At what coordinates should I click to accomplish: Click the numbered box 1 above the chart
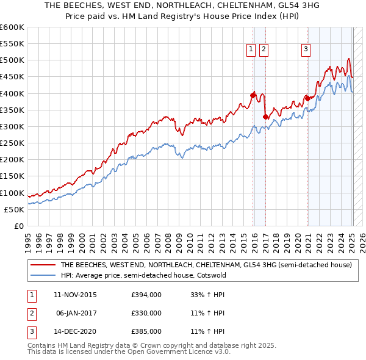251,50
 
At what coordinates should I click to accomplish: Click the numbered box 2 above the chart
264,50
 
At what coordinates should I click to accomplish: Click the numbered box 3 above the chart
306,50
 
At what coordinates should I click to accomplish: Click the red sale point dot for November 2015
253,95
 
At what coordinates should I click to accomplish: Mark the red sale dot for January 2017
265,117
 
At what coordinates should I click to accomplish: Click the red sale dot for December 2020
307,98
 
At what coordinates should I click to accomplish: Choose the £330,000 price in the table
146,313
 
